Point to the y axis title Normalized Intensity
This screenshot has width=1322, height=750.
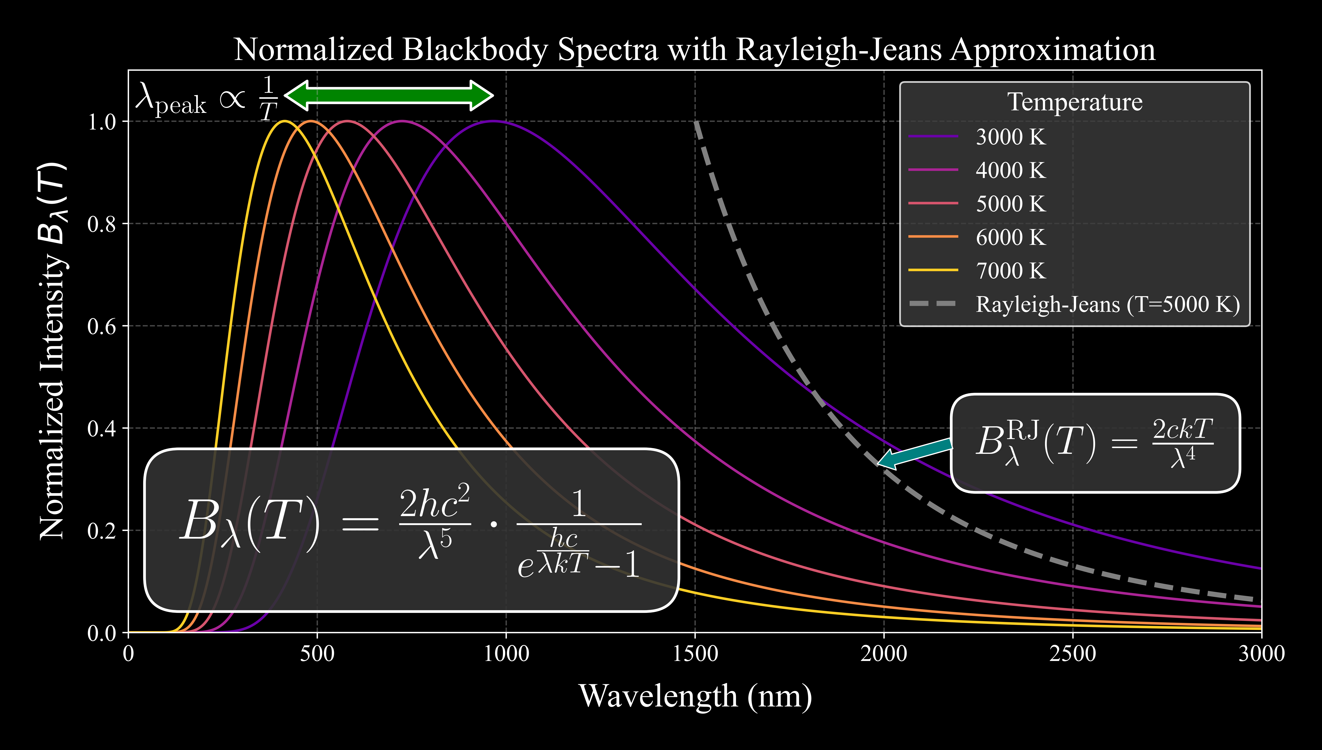tap(53, 350)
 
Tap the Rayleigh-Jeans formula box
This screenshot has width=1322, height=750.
tap(1095, 443)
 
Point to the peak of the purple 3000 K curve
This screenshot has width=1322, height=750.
tap(493, 122)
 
